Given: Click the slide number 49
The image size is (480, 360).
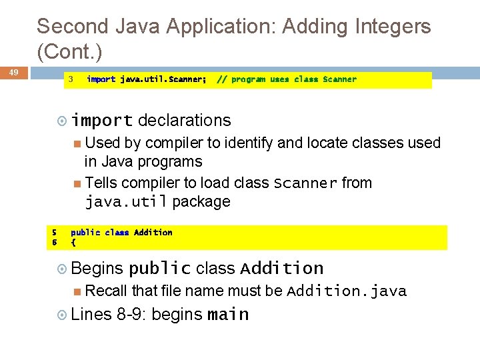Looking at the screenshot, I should tap(13, 72).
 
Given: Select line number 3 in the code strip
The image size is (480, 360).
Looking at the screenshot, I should tap(70, 79).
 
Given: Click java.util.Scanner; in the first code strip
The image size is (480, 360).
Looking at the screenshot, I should tap(163, 79).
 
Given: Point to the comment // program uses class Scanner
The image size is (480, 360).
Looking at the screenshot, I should tap(287, 79).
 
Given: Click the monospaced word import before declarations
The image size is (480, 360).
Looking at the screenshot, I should tap(102, 121).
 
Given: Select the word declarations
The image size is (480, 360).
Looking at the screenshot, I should tap(184, 121).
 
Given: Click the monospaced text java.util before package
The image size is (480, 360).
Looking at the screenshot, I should tap(127, 201).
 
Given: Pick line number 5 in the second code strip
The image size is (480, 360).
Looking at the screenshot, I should tap(54, 233).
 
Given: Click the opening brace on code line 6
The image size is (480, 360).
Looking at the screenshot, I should tap(73, 243).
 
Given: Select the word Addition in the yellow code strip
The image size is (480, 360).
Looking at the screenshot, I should tap(153, 233).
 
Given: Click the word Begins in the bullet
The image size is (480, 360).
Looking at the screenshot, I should tap(97, 268).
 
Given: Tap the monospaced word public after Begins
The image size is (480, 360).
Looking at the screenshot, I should tap(159, 268).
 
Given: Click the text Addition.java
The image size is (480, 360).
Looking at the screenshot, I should tap(346, 291).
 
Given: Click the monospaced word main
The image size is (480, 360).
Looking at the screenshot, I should tap(228, 314).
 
